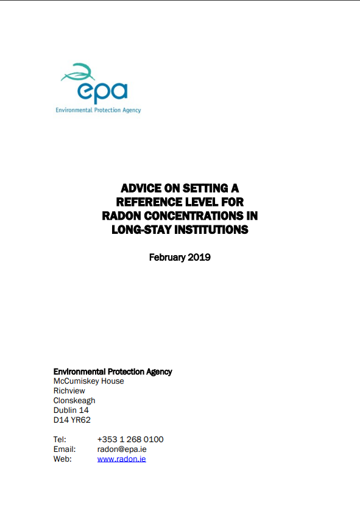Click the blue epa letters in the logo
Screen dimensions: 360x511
tap(102, 92)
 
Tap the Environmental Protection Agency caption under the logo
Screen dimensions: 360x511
tap(98, 110)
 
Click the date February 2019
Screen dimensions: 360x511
tap(180, 257)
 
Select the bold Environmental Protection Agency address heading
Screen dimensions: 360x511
tap(113, 372)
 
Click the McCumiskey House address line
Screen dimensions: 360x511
tap(89, 381)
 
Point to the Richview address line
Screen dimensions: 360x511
tap(69, 391)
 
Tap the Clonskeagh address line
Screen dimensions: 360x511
tap(74, 401)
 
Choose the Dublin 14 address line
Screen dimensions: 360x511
tap(71, 411)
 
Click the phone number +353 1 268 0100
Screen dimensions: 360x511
tap(130, 440)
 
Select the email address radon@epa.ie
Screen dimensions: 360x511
tap(121, 449)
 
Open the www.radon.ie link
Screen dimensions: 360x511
tap(121, 459)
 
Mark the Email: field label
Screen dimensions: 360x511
tap(65, 449)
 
